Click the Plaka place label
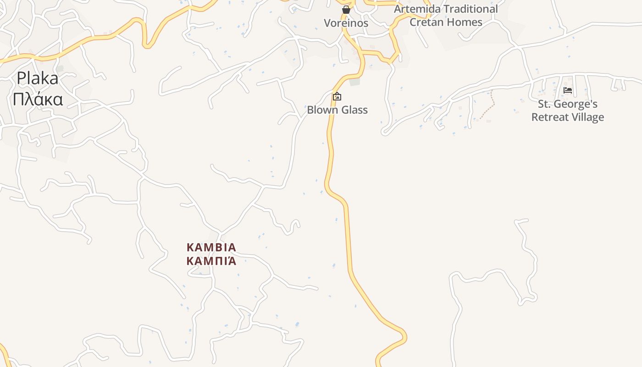point(38,78)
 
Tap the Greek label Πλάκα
point(38,99)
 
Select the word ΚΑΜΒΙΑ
point(211,248)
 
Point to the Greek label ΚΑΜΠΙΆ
point(211,261)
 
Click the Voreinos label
point(346,23)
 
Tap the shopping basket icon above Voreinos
point(346,10)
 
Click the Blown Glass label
point(337,110)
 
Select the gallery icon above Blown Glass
point(337,96)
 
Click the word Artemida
point(416,9)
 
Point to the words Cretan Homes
point(446,22)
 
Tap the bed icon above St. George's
point(568,90)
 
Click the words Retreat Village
point(568,117)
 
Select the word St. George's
point(568,104)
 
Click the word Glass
point(353,110)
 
